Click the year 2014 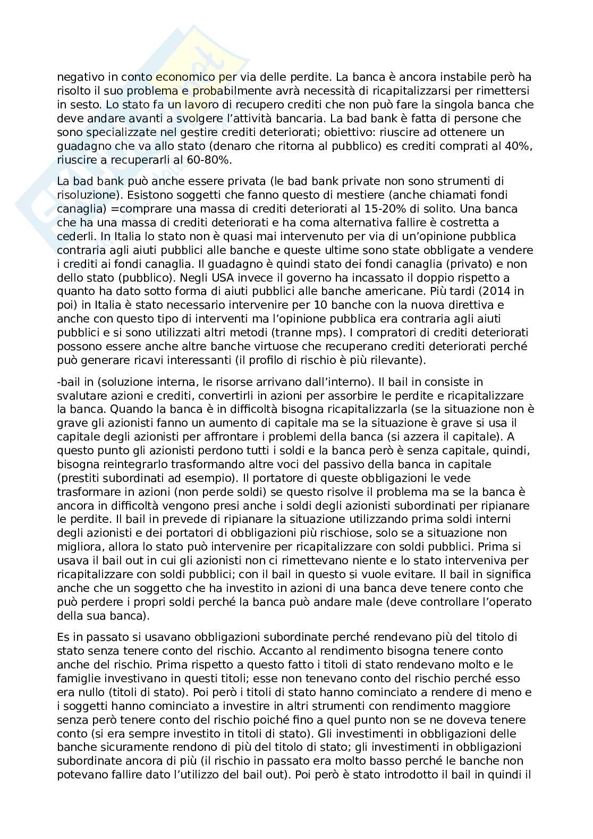tap(497, 291)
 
